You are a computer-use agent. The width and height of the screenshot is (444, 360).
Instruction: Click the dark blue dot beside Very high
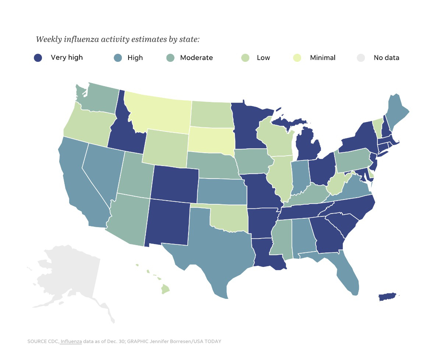point(38,57)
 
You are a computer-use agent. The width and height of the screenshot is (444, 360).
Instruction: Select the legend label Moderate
point(196,57)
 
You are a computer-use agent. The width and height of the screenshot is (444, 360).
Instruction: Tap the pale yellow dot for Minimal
point(297,57)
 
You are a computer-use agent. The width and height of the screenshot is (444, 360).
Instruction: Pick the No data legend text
point(386,57)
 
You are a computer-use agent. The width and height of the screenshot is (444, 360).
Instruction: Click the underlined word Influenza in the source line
point(71,341)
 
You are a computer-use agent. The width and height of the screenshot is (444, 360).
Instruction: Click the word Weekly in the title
point(48,39)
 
